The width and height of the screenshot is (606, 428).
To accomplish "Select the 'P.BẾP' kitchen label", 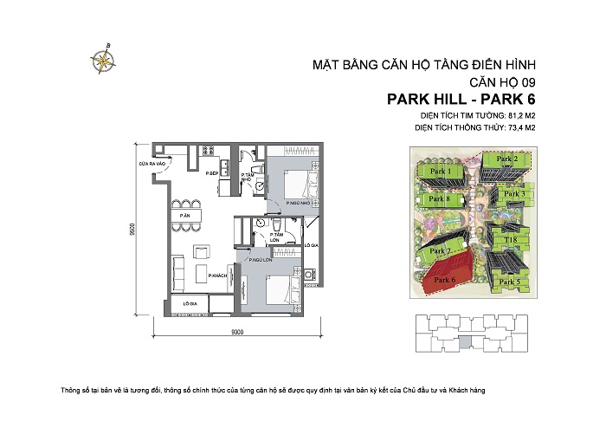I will coord(211,174).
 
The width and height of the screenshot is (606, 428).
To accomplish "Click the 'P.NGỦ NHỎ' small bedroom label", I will coord(300,204).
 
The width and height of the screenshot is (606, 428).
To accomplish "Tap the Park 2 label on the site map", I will coord(506,159).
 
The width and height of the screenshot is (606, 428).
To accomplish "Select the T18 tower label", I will coord(511,237).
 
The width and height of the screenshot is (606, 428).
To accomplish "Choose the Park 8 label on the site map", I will coord(442,199).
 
